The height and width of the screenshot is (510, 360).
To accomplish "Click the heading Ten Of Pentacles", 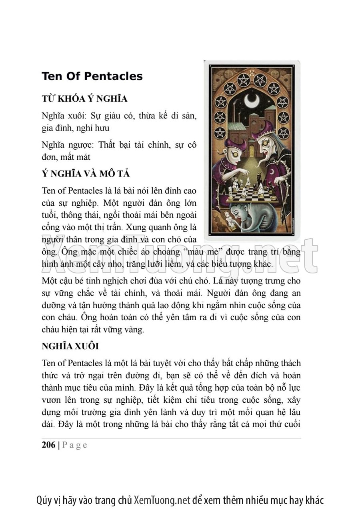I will tap(92, 76).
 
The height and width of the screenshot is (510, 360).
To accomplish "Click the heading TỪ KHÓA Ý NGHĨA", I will tap(84, 98).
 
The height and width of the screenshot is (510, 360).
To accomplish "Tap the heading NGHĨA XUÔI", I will tap(70, 347).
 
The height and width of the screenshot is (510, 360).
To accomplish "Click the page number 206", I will tap(48, 445).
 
